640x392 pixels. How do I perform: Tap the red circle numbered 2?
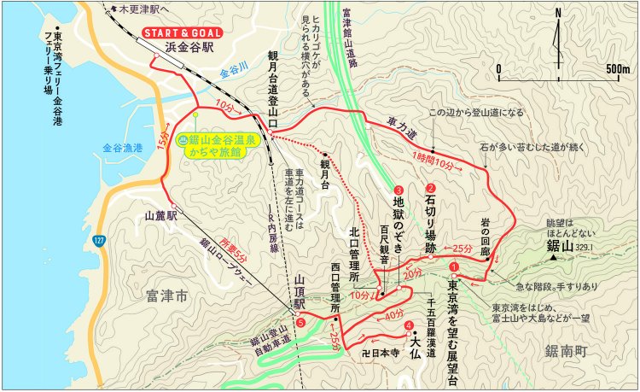pyautogui.click(x=431, y=190)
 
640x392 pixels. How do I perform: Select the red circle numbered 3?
pyautogui.click(x=399, y=190)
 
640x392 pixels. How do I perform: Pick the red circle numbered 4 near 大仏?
pyautogui.click(x=410, y=325)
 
